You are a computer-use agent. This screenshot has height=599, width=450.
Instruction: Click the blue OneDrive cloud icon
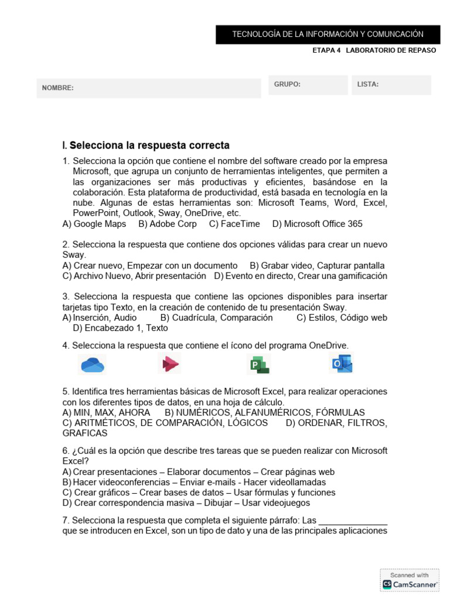point(92,364)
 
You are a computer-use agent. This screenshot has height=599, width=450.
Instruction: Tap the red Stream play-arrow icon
point(170,364)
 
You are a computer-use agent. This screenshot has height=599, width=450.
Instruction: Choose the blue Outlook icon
point(341,364)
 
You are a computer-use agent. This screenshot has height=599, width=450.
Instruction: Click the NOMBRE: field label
point(57,88)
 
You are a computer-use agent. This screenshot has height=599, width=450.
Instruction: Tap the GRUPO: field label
point(287,84)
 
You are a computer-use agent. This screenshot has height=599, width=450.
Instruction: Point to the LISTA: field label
point(368,84)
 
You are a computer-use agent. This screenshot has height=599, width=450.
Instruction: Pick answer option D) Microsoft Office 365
point(317,224)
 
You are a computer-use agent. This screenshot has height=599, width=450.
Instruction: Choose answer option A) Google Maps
point(94,224)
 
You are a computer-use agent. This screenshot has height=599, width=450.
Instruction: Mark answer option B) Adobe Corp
point(168,224)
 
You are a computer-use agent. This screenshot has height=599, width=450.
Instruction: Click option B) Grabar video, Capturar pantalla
point(317,266)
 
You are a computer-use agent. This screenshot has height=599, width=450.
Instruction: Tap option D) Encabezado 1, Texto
point(120,328)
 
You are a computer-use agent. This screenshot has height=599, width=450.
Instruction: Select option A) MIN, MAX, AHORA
point(106,412)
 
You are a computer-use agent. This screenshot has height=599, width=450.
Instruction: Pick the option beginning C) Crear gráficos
point(199,493)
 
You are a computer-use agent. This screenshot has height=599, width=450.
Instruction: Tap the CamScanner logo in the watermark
point(410,584)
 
